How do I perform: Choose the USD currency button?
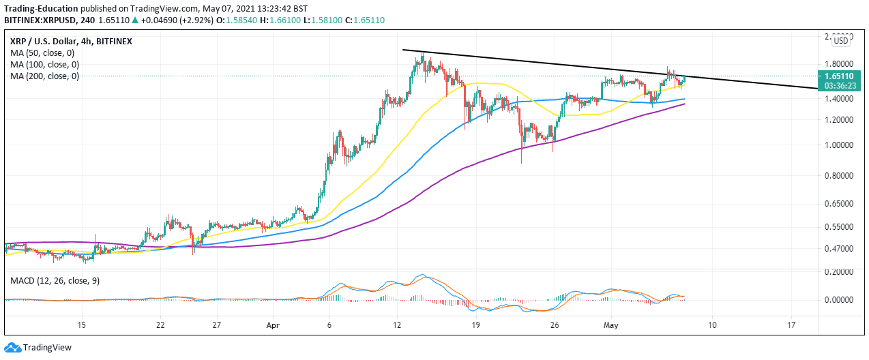[841, 41]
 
